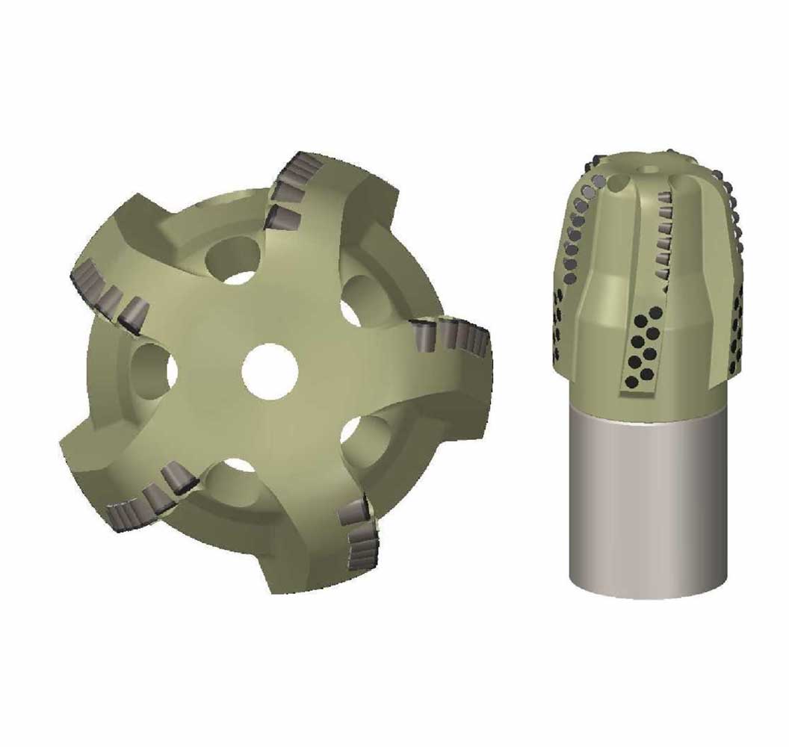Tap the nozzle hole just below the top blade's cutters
(x=234, y=261)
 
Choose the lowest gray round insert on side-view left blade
(x=570, y=279)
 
